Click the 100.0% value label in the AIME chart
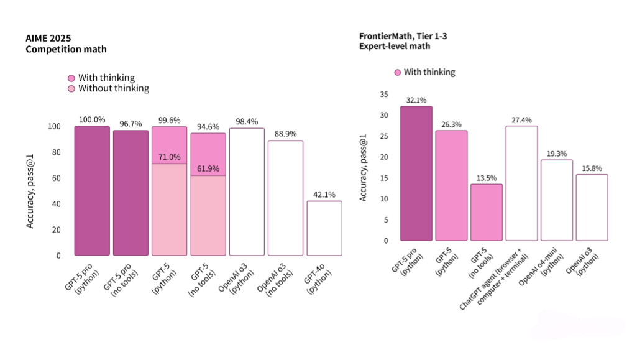tap(91, 119)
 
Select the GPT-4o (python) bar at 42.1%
tap(324, 228)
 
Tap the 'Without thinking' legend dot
tap(71, 88)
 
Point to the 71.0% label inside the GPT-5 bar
tap(169, 157)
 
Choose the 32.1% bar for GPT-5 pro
tap(416, 173)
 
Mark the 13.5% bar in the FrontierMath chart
tap(486, 212)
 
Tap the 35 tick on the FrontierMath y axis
tap(383, 95)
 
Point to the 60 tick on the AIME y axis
tap(57, 178)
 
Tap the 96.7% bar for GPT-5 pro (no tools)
tap(131, 193)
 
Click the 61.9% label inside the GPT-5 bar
tap(208, 168)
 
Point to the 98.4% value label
tap(246, 121)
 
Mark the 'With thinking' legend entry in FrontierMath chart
tap(424, 72)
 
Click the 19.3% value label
tap(556, 153)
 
